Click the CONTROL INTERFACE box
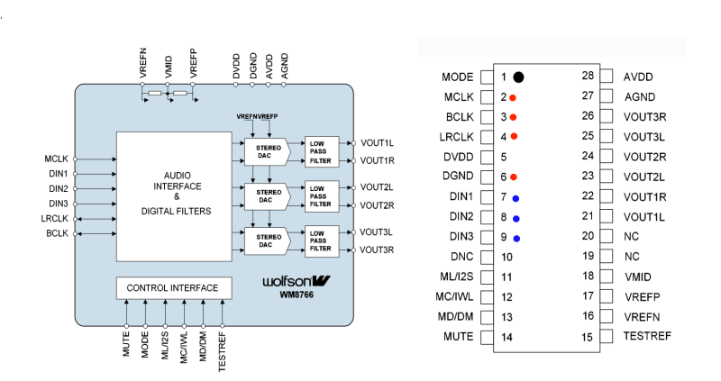coord(172,288)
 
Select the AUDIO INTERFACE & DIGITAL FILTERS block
coord(176,193)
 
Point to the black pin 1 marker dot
coord(519,77)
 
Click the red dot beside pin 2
coord(513,97)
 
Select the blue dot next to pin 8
coord(516,218)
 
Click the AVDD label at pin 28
coord(638,77)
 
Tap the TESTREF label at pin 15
coord(646,337)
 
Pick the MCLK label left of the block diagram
coord(57,159)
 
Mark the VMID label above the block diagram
coord(169,67)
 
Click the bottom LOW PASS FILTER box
coord(322,240)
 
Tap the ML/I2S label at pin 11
coord(455,277)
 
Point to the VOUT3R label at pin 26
coord(643,116)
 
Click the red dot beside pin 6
coord(513,177)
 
